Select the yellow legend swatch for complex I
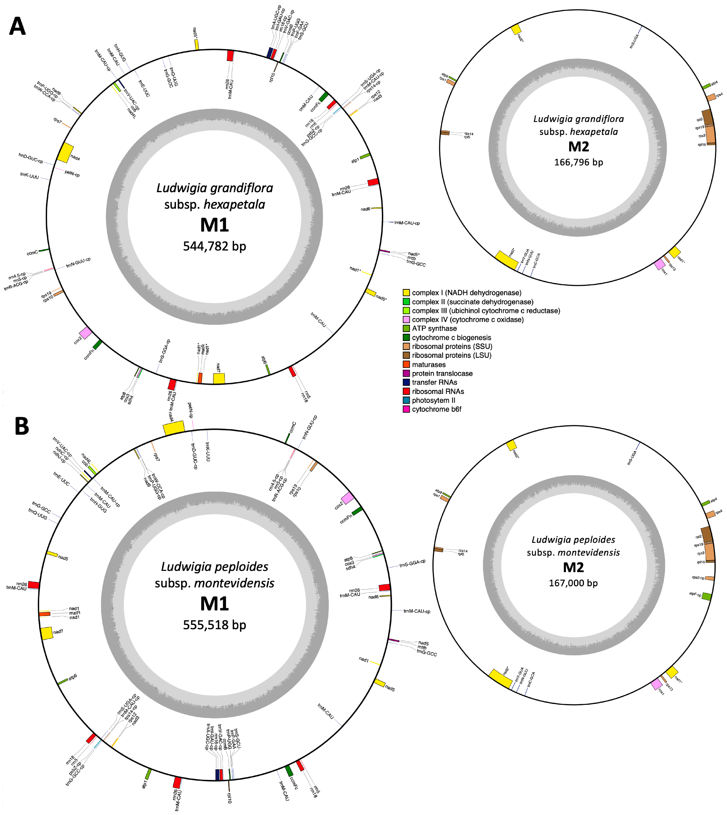click(x=406, y=293)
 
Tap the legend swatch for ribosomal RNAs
click(x=406, y=391)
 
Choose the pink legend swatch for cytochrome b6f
click(x=406, y=409)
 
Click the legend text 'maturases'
click(x=429, y=365)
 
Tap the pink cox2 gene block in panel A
click(x=85, y=333)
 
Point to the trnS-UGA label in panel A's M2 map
click(x=634, y=41)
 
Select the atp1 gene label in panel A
click(x=355, y=161)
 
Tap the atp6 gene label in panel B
click(x=72, y=678)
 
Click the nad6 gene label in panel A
click(x=365, y=209)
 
